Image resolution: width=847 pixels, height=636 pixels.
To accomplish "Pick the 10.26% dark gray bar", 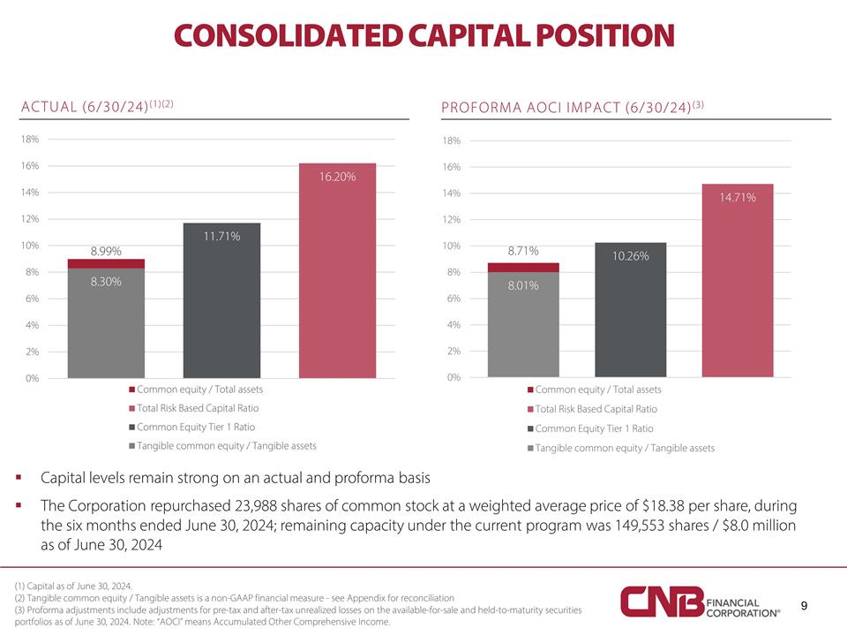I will (630, 309).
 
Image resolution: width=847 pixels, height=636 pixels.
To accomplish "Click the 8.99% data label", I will (107, 251).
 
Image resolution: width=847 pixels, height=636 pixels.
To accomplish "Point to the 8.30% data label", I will (106, 282).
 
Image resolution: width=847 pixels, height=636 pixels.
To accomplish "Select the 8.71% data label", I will (523, 252).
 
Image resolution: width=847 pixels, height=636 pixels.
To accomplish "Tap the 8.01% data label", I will (523, 285).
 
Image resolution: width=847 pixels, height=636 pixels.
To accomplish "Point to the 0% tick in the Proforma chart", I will (453, 378).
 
